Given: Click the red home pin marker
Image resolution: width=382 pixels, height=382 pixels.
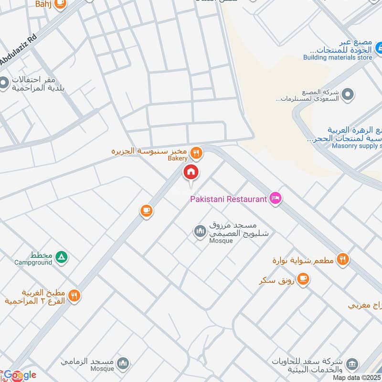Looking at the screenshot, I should pos(191,172).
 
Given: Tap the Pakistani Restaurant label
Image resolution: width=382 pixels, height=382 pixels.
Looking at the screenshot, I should pos(228,199).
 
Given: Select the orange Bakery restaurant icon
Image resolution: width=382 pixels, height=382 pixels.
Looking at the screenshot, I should pos(196,153).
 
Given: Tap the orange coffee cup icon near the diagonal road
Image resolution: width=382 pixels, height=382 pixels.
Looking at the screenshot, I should pos(147,210).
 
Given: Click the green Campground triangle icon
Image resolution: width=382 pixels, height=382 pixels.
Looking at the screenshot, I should pos(61,257).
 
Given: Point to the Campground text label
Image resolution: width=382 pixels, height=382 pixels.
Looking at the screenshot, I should pos(32,263).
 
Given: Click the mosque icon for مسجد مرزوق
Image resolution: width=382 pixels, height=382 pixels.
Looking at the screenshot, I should pos(200,232).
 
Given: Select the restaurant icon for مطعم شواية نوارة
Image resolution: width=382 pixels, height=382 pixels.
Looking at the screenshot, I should pos(342,259).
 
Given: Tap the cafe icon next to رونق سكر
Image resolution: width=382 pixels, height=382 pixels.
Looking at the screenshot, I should pos(303,278).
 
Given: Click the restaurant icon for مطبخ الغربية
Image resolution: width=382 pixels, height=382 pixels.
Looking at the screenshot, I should pos(74,295).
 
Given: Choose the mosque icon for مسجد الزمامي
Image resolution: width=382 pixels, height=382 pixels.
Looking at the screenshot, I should pos(123,363).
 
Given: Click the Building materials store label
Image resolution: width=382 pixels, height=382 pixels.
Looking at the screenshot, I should pos(338,57).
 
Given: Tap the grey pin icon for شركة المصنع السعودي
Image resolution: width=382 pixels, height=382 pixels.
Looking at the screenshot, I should pos(349,94).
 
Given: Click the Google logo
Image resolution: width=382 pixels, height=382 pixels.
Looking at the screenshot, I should pos(19,375).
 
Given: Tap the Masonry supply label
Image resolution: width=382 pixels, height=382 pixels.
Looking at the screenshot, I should pos(356,146).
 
